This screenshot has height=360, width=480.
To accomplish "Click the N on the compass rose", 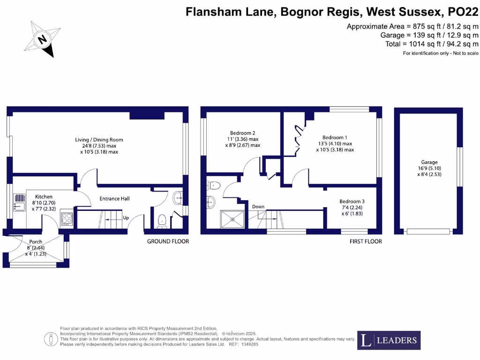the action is coord(42,39).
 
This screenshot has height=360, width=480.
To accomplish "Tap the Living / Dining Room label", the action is coord(99,140).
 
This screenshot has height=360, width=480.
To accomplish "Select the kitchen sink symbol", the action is coord(20,202).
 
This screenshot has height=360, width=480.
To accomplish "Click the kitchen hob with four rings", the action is coord(67,219).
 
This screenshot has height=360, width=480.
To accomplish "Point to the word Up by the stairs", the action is coord(126,218).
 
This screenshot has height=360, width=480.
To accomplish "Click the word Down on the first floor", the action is coord(258,207).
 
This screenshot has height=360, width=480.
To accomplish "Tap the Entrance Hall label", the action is coord(114,198).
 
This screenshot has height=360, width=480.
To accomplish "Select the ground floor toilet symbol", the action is coord(162,221).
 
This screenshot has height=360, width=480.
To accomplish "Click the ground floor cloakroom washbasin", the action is coord(178,198).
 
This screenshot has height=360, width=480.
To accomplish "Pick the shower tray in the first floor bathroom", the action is coord(232,219).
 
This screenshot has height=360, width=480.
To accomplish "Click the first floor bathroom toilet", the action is coord(214,186).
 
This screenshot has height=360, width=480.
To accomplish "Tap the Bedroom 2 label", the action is coord(242,133).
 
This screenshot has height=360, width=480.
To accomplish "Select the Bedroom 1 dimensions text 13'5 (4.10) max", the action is coord(335,143).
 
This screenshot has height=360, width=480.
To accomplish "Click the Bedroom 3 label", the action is coord(352,202).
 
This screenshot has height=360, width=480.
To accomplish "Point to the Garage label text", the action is coord(429,162).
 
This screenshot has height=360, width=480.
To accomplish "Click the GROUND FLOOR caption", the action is coord(168,241).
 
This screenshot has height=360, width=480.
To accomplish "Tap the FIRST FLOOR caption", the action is coord(366,241).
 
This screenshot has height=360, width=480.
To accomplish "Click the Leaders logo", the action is coord(389,340).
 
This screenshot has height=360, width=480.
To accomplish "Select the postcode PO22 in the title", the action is coord(463,12).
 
